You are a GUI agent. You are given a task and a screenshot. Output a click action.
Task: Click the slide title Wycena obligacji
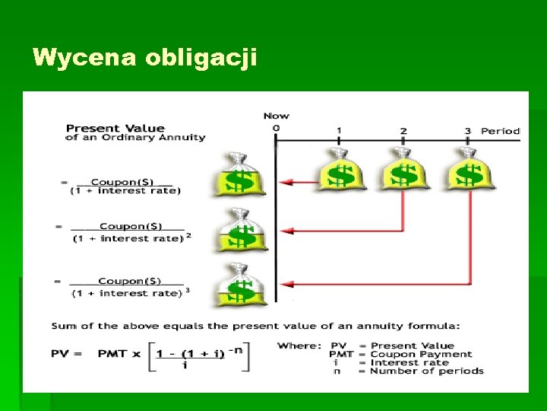tap(145, 58)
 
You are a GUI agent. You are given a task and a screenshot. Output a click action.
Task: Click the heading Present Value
tap(115, 128)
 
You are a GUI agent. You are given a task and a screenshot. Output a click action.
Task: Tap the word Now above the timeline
tap(276, 116)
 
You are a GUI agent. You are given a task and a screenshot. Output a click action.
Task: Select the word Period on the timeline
tap(500, 131)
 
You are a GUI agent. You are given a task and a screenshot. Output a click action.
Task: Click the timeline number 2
tap(403, 131)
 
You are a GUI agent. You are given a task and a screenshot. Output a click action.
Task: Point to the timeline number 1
tap(339, 131)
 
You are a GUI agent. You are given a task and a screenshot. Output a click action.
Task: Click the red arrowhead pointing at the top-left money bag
tap(284, 183)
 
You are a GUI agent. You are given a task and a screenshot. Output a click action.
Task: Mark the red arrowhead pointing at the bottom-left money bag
tap(284, 284)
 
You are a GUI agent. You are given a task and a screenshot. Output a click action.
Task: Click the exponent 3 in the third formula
tap(187, 289)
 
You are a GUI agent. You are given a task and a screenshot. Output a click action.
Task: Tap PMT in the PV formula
tap(112, 354)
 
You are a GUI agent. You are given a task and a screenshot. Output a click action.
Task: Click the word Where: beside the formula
tap(299, 346)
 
